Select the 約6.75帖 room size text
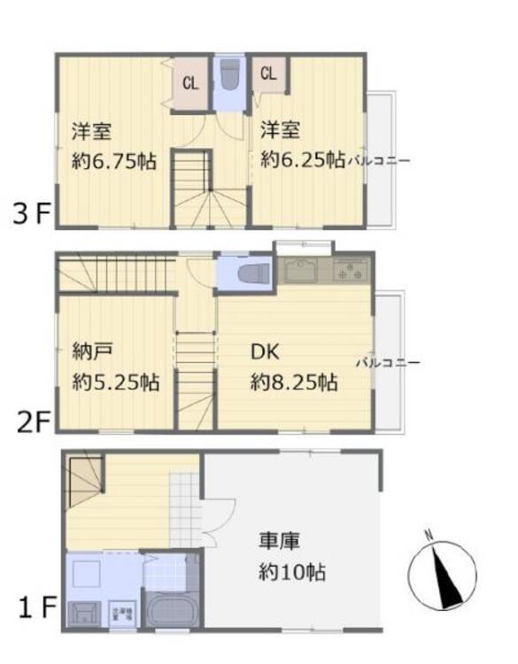pos(114,162)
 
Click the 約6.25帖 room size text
pos(302,160)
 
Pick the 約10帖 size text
pos(292,572)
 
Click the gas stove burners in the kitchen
pos(352,269)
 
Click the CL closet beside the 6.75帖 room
pos(190,84)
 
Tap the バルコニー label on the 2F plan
pos(388,362)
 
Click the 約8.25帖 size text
pos(293,382)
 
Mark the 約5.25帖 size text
pos(114,383)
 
